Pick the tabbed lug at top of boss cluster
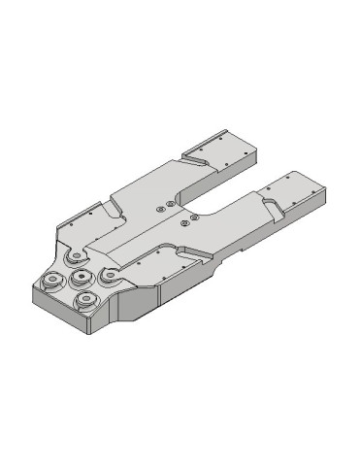pos(73,258)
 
